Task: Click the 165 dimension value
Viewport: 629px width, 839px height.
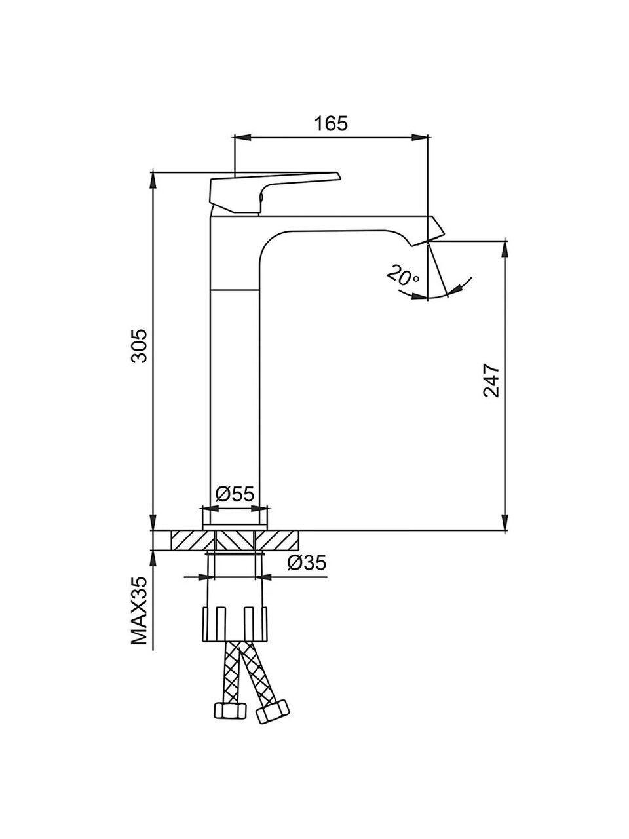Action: (331, 123)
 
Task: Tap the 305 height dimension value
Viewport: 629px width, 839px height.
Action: (139, 345)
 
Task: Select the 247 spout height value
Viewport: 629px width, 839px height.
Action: (491, 381)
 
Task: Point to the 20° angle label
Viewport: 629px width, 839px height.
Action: (402, 277)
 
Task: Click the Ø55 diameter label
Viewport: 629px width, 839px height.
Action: (235, 494)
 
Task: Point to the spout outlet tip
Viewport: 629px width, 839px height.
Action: (428, 241)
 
